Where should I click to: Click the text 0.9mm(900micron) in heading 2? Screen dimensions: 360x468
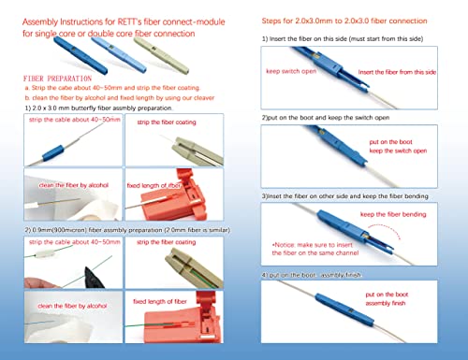point(58,228)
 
